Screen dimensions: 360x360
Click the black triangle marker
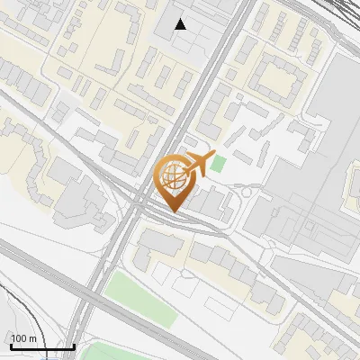(181, 24)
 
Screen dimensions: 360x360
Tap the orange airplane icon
(198, 164)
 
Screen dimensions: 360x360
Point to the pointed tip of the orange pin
(172, 211)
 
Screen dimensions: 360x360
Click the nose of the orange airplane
(213, 157)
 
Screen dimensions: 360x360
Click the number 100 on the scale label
(19, 337)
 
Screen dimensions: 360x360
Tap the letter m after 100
(32, 337)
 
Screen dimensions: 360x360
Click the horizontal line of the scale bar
(40, 346)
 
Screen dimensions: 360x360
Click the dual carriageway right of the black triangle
(222, 54)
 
